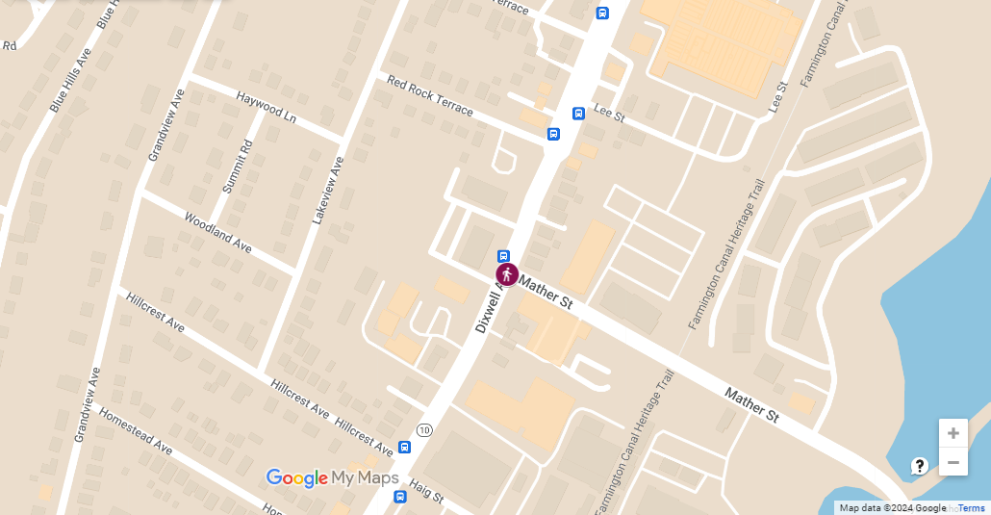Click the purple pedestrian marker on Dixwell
pyautogui.click(x=507, y=275)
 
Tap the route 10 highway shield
pyautogui.click(x=424, y=428)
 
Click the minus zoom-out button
pyautogui.click(x=953, y=463)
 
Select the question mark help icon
pyautogui.click(x=919, y=466)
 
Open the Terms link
pyautogui.click(x=971, y=508)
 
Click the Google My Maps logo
pyautogui.click(x=332, y=477)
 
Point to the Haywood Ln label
pyautogui.click(x=267, y=107)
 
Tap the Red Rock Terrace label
pyautogui.click(x=430, y=95)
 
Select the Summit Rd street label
pyautogui.click(x=237, y=167)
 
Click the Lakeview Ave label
pyautogui.click(x=328, y=191)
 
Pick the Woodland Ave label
pyautogui.click(x=217, y=233)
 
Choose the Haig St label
pyautogui.click(x=426, y=491)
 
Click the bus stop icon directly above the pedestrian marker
pyautogui.click(x=503, y=256)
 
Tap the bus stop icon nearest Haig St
pyautogui.click(x=405, y=448)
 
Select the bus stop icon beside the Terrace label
pyautogui.click(x=602, y=13)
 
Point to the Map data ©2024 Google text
pyautogui.click(x=892, y=508)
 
